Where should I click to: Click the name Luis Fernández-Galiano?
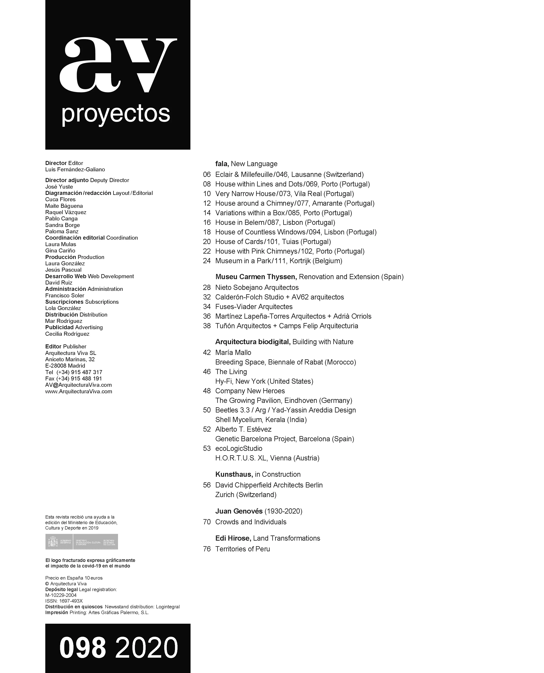(x=75, y=170)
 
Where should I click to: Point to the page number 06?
(x=207, y=175)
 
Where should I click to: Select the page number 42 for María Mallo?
(x=207, y=352)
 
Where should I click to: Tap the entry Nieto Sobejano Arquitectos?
(x=257, y=287)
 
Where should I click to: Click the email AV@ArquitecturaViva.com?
(x=78, y=385)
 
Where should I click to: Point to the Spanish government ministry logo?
(x=82, y=542)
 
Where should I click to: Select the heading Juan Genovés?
(x=239, y=511)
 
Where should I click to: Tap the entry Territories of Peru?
(x=243, y=549)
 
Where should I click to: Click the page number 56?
(x=207, y=485)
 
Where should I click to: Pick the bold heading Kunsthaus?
(x=234, y=474)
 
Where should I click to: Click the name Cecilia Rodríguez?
(x=67, y=334)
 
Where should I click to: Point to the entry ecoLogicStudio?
(x=239, y=448)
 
